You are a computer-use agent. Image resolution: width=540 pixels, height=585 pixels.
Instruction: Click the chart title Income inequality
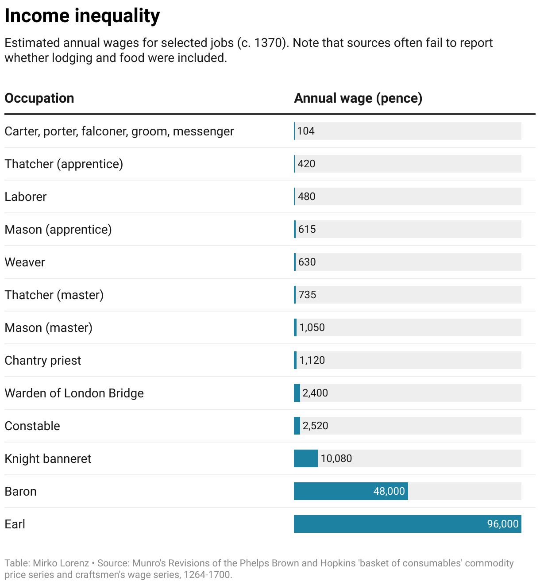(x=82, y=16)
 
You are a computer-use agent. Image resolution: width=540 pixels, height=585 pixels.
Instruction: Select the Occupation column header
(x=39, y=98)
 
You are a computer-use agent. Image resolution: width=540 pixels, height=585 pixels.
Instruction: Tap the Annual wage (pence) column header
(x=358, y=98)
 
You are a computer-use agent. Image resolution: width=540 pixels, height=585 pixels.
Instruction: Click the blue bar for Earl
(x=390, y=524)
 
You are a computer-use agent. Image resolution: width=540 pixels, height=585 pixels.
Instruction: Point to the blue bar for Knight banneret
(x=305, y=458)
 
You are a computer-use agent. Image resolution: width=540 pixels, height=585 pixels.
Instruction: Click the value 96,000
(x=502, y=524)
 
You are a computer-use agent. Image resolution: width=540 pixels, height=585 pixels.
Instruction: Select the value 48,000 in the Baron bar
(x=389, y=491)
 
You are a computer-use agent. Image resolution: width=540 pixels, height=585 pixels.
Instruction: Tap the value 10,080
(x=336, y=458)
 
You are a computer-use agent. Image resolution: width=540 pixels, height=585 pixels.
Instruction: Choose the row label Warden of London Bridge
(x=74, y=393)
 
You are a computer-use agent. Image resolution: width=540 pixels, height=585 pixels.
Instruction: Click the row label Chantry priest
(x=43, y=360)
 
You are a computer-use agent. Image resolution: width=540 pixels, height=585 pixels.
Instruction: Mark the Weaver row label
(x=25, y=262)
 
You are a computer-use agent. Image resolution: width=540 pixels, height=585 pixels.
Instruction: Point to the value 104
(x=306, y=131)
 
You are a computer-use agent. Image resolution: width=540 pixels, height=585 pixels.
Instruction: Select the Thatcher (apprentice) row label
(x=64, y=164)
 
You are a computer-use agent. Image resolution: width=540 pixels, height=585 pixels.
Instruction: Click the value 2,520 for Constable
(x=315, y=426)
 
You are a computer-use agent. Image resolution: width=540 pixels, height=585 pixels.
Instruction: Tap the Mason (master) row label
(x=48, y=327)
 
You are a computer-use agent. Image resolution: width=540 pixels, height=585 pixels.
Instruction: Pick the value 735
(x=307, y=295)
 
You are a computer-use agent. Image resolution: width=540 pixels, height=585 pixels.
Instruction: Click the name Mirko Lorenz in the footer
(x=61, y=563)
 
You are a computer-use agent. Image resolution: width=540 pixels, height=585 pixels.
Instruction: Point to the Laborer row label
(x=25, y=196)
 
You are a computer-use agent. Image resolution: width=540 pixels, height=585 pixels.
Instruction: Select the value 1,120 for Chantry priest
(x=312, y=360)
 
